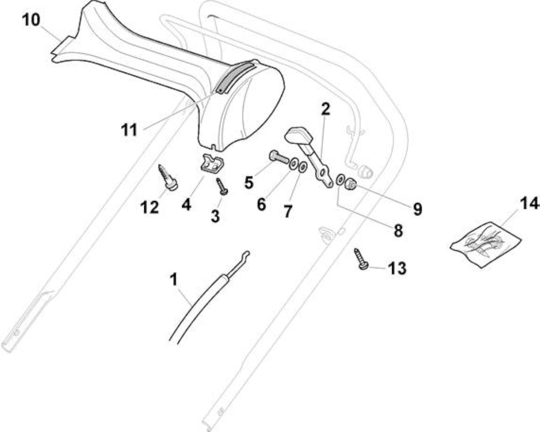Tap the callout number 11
tap(129, 130)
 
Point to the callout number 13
tap(397, 268)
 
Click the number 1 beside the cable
tap(174, 279)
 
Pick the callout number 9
tap(417, 209)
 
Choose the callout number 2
tap(325, 109)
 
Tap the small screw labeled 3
tap(221, 186)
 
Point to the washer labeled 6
tap(294, 163)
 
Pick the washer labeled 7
tap(302, 167)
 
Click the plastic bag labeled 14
tap(486, 245)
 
